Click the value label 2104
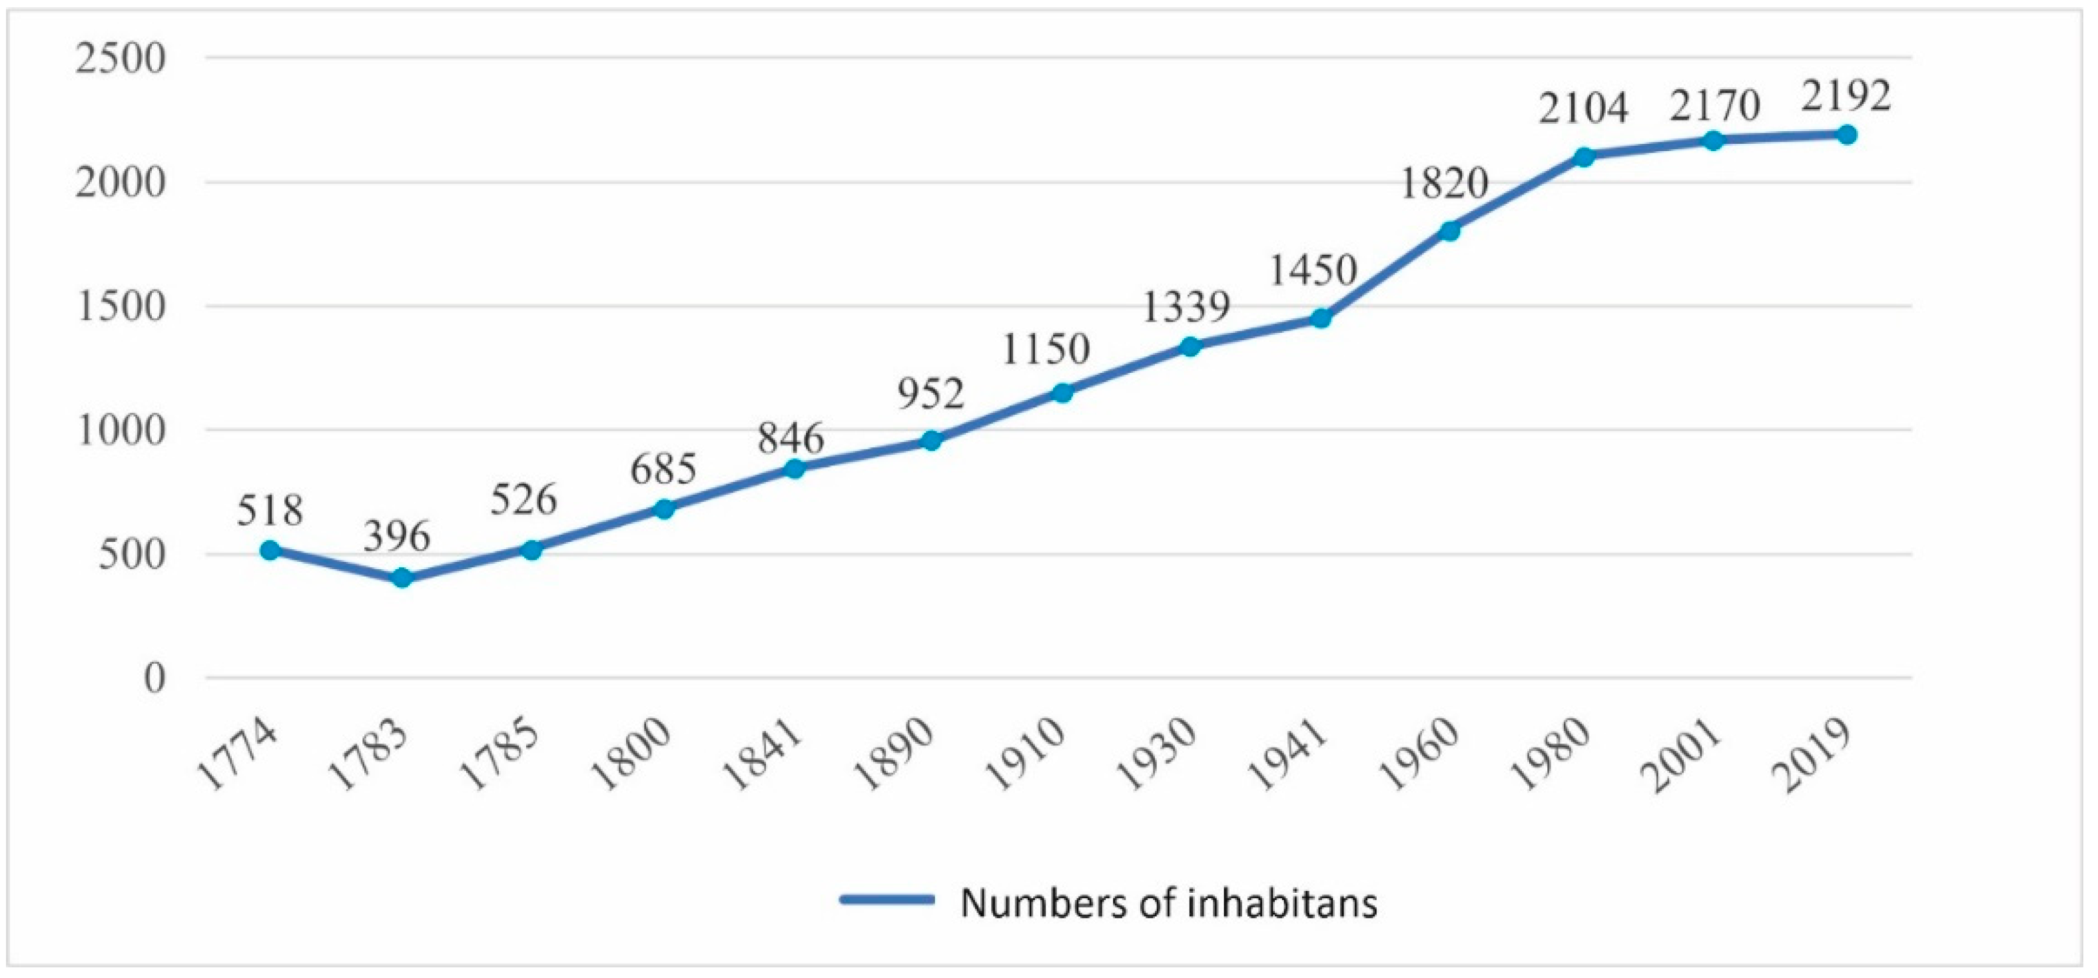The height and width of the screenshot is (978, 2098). [1582, 109]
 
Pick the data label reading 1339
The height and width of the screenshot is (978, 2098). [1185, 307]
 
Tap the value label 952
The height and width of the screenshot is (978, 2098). [931, 394]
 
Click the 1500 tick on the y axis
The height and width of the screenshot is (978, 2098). [120, 308]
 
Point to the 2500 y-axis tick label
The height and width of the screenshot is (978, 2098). [120, 59]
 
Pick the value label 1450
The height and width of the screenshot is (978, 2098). [1313, 270]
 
